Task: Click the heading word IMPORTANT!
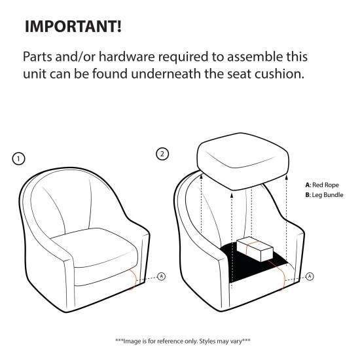click(x=73, y=26)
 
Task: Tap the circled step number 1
click(x=18, y=159)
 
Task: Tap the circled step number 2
click(x=162, y=154)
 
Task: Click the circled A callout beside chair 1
click(x=162, y=276)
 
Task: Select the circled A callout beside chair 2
click(x=310, y=276)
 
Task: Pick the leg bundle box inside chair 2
click(x=255, y=249)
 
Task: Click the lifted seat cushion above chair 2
click(x=243, y=161)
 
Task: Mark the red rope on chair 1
click(x=134, y=279)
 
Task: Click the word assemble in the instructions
click(x=255, y=56)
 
